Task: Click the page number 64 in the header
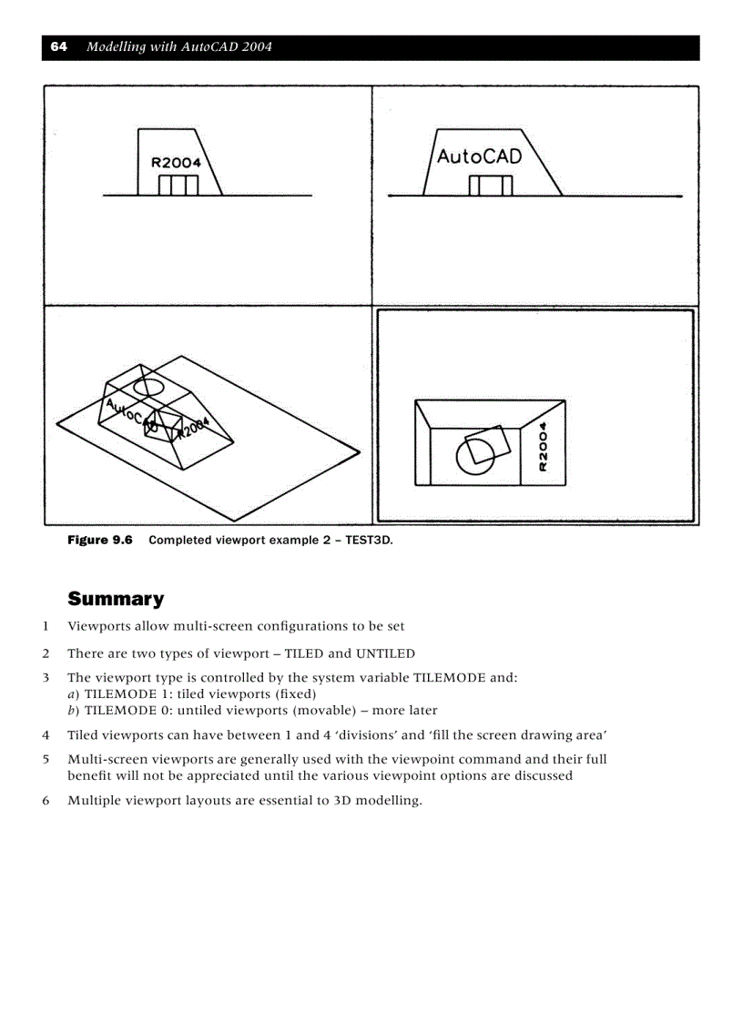(58, 47)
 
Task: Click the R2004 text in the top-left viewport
(175, 163)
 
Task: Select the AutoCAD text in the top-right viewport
(479, 157)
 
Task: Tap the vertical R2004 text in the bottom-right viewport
(544, 446)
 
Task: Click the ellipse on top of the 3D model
(148, 386)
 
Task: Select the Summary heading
(116, 599)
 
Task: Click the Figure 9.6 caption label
(100, 541)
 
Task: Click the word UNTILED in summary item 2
(385, 653)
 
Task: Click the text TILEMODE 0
(127, 710)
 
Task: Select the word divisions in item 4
(367, 735)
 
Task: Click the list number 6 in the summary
(46, 802)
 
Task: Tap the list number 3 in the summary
(46, 678)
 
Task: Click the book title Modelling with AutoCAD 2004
(179, 47)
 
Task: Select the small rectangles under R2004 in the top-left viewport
(178, 186)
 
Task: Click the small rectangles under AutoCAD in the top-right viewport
(491, 186)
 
